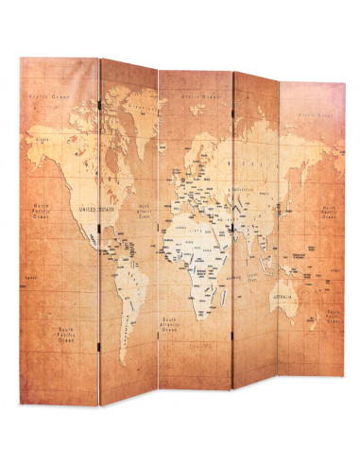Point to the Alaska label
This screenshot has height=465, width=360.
(43, 139)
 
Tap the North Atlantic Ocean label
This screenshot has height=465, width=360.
(145, 211)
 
